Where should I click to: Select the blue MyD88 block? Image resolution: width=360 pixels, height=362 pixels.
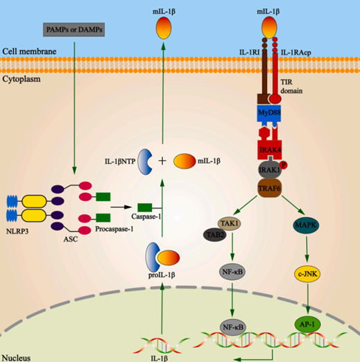[266, 113]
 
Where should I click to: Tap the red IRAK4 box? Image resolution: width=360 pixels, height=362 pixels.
[267, 150]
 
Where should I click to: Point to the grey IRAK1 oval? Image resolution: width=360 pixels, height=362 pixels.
[266, 169]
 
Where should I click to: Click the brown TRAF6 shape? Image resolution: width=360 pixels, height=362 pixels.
[267, 186]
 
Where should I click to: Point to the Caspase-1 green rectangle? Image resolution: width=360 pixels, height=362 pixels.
[145, 207]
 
